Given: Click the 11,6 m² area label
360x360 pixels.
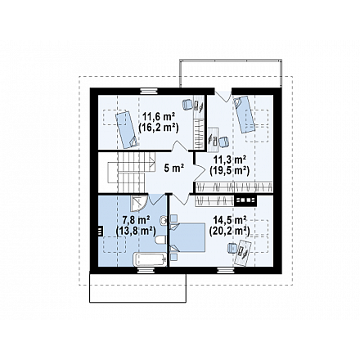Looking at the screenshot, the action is tap(159, 117).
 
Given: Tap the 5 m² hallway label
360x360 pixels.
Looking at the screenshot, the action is tap(173, 168).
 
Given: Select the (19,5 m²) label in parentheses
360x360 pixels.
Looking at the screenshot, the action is tap(229, 171).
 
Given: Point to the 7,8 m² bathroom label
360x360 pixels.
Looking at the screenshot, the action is tap(136, 220).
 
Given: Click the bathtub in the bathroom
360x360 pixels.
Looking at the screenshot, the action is tap(150, 259).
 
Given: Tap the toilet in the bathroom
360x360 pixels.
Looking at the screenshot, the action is tap(161, 241).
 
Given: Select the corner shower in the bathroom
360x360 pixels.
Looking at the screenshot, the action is tap(139, 204).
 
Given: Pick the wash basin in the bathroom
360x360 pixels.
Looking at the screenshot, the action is tap(164, 220).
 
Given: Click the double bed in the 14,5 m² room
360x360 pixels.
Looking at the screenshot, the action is tap(187, 237).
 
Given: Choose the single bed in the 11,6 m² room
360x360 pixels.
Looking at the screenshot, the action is tap(127, 129).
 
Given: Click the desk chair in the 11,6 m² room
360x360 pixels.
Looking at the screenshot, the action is tap(187, 104).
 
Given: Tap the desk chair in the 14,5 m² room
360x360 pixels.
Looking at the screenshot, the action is tap(232, 248).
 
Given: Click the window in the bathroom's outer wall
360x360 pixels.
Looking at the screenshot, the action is tap(146, 270).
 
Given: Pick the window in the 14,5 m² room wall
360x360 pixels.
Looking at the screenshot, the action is tap(227, 270).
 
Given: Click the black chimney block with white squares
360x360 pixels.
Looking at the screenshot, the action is tap(245, 200).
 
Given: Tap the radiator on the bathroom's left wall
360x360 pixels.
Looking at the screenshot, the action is tap(100, 231).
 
